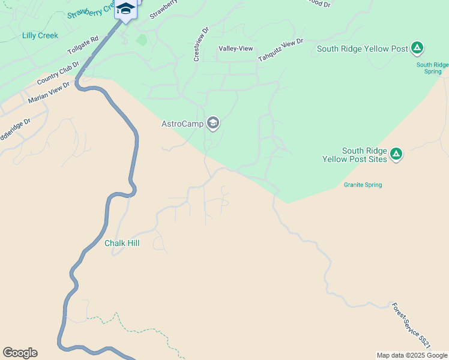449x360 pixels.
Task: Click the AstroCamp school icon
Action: (x=212, y=124)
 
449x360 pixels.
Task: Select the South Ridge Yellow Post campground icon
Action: (x=417, y=49)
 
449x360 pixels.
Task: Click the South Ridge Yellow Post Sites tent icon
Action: (x=396, y=154)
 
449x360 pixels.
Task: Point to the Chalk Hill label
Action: (x=122, y=243)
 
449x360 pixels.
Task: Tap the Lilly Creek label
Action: (x=40, y=35)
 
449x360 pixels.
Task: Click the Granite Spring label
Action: (x=363, y=185)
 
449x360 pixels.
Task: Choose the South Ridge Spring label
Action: (x=432, y=68)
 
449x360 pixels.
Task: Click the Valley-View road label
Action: (x=235, y=48)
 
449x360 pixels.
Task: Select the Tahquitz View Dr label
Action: (x=281, y=50)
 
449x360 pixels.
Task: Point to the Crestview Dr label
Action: (x=200, y=44)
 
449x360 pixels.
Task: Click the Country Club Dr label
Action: (x=58, y=73)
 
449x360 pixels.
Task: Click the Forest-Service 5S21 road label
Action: (x=411, y=325)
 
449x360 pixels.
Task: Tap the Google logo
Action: (x=20, y=353)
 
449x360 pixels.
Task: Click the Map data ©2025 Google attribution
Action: (x=412, y=355)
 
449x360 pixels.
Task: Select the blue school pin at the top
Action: (x=125, y=10)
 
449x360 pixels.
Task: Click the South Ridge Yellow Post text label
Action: (x=362, y=49)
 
